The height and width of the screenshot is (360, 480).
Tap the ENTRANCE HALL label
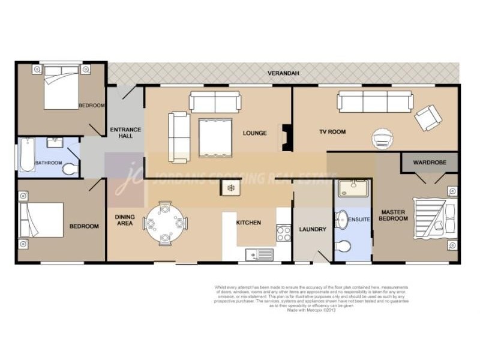pyautogui.click(x=125, y=133)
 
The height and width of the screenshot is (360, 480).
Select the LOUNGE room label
pyautogui.click(x=255, y=133)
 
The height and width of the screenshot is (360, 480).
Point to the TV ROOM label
pyautogui.click(x=332, y=132)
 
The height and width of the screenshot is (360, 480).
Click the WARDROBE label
pyautogui.click(x=429, y=162)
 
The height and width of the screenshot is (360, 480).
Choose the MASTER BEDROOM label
pyautogui.click(x=394, y=215)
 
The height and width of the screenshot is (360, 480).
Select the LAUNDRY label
pyautogui.click(x=313, y=229)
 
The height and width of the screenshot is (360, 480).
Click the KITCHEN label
pyautogui.click(x=248, y=223)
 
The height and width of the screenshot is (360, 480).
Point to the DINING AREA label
pyautogui.click(x=125, y=220)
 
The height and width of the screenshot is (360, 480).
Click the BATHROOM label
pyautogui.click(x=48, y=163)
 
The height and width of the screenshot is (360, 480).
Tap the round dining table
pyautogui.click(x=164, y=223)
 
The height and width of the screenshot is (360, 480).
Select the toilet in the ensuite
pyautogui.click(x=344, y=246)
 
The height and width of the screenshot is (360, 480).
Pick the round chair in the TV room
pyautogui.click(x=382, y=139)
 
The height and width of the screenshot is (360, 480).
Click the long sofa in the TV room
pyautogui.click(x=375, y=101)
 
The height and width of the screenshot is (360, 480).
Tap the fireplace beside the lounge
pyautogui.click(x=286, y=137)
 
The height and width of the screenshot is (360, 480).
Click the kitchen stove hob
pyautogui.click(x=283, y=233)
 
